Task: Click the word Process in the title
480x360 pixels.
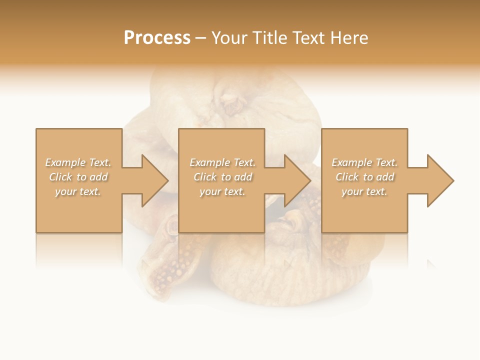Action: click(157, 38)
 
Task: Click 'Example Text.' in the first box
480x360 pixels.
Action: click(78, 162)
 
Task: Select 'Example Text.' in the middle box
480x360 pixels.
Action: click(222, 162)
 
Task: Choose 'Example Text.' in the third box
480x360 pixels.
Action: click(364, 162)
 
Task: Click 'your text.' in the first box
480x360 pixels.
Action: click(78, 191)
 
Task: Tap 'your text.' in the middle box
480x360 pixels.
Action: click(222, 191)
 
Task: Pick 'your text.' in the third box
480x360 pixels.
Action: click(364, 191)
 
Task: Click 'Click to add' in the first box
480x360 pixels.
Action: click(78, 177)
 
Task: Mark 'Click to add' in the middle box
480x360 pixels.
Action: click(222, 177)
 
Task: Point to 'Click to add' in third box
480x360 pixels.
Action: click(364, 177)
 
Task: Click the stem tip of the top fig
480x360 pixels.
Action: click(231, 105)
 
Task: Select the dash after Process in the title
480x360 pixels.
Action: click(201, 38)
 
